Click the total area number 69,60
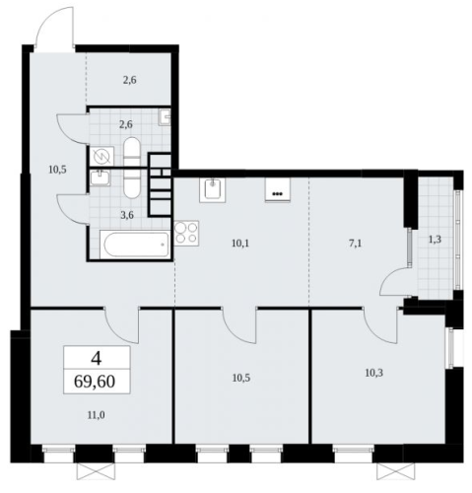click(x=95, y=382)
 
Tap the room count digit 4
click(x=97, y=358)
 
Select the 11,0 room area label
click(x=96, y=415)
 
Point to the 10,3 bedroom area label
click(x=373, y=373)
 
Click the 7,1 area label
click(x=355, y=244)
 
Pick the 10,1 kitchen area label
click(x=240, y=244)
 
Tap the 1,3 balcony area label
click(x=435, y=240)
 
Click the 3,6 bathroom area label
click(x=127, y=215)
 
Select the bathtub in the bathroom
click(x=135, y=244)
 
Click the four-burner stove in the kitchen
click(x=186, y=233)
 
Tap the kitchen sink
click(x=212, y=190)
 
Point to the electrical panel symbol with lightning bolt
click(x=101, y=156)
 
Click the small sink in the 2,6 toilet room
click(x=165, y=117)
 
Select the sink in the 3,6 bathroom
click(x=100, y=177)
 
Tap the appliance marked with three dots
click(x=278, y=189)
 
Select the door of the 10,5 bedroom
click(x=238, y=324)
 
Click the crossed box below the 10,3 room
click(x=395, y=471)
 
